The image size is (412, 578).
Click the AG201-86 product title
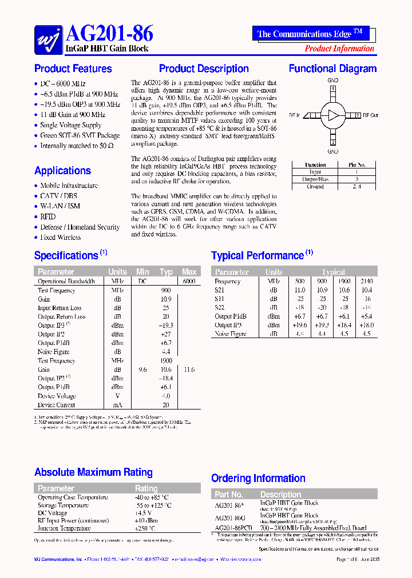click(109, 33)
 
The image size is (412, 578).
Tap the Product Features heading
click(73, 69)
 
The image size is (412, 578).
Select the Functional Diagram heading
click(332, 69)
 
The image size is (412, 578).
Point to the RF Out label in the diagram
click(370, 115)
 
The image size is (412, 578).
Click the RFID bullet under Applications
click(48, 217)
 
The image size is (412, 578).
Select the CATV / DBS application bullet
click(58, 196)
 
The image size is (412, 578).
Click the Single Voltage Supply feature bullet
click(70, 125)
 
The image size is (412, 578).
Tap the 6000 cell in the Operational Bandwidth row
click(189, 282)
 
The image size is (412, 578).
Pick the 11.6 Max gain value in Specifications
click(189, 370)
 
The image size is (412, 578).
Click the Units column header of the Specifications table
click(117, 272)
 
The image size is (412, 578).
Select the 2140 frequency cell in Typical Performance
click(366, 282)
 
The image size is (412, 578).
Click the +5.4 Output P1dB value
click(366, 316)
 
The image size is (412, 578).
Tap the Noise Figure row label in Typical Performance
click(230, 334)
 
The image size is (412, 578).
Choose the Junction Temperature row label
click(64, 528)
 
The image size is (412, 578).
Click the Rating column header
click(146, 488)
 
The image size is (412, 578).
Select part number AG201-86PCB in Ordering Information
click(234, 528)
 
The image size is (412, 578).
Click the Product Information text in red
click(339, 49)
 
